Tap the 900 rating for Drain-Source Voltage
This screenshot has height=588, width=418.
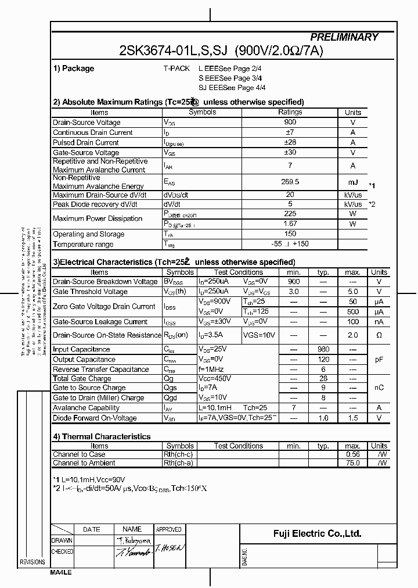click(290, 122)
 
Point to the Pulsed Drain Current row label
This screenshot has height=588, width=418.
click(86, 142)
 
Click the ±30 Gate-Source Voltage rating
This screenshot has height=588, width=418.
click(290, 152)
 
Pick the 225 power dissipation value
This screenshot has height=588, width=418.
click(290, 213)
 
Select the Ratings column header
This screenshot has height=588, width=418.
click(290, 112)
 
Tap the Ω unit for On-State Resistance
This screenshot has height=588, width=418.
click(379, 335)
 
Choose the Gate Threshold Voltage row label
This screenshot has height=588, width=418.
click(90, 292)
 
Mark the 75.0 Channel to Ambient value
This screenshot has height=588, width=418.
click(352, 463)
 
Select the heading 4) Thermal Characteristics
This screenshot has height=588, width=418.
click(102, 436)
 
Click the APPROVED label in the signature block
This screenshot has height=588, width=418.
click(169, 529)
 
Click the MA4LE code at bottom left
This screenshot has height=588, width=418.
click(61, 572)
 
